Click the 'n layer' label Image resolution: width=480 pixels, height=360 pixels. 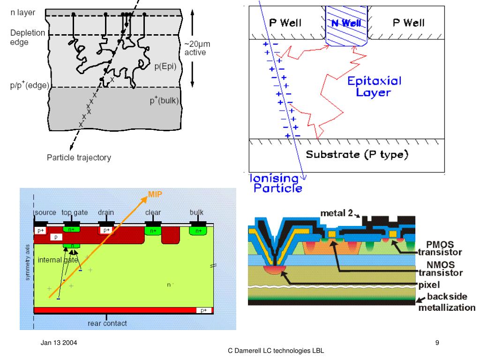(23, 13)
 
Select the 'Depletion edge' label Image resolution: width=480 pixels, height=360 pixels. (28, 37)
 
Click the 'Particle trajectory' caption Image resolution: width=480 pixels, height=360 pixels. (79, 157)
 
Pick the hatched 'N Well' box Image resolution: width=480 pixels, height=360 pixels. (347, 25)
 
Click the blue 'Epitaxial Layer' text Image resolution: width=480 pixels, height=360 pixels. (374, 86)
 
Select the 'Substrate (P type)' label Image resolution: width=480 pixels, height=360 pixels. (356, 154)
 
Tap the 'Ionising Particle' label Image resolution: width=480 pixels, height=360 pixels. (276, 183)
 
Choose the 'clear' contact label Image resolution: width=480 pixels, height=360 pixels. (153, 212)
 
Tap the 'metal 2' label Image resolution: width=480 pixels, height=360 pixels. (336, 213)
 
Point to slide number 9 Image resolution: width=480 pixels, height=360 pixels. (437, 343)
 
